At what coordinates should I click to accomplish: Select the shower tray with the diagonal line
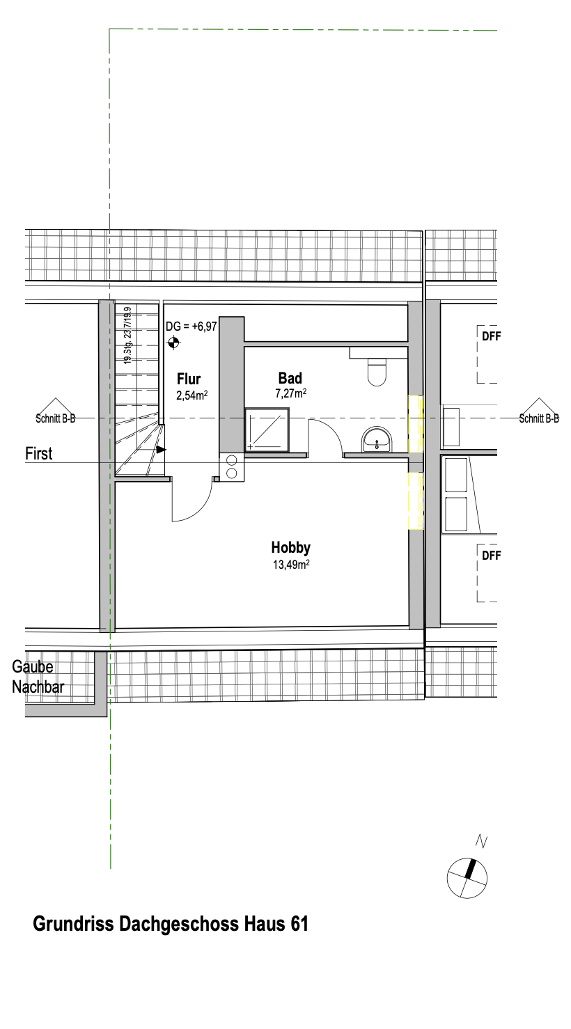point(267,430)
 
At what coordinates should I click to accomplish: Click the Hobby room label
point(291,548)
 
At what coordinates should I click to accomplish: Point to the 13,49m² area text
point(291,565)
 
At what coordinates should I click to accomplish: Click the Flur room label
point(189,379)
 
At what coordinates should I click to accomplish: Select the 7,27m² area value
point(291,393)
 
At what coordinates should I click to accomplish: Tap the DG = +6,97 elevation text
point(191,327)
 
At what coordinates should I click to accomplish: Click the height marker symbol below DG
point(173,343)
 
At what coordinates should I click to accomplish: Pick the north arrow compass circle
point(467,878)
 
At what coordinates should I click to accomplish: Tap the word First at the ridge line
point(38,454)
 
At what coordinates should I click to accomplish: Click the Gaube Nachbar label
point(38,677)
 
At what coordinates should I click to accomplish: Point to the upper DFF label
point(491,336)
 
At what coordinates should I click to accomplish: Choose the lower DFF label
point(491,556)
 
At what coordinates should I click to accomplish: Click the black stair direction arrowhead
point(162,450)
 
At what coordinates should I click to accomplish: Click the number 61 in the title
point(299,924)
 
